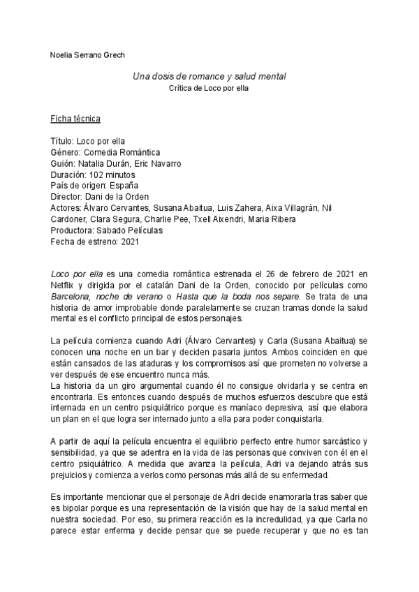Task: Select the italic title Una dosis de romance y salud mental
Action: (209, 75)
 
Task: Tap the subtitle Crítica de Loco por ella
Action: (209, 89)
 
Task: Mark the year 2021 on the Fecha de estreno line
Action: (131, 242)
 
